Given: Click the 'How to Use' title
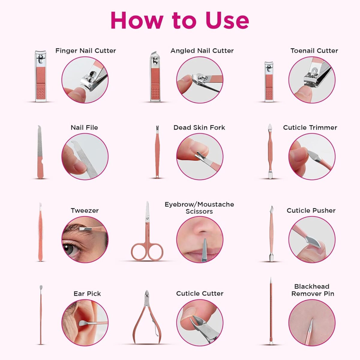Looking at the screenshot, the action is (180, 20).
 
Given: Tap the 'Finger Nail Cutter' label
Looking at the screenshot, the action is (85, 51).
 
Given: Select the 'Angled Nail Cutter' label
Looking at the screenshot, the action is (202, 51).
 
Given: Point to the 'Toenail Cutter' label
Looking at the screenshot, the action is (314, 51).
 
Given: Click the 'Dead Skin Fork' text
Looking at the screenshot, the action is (199, 127).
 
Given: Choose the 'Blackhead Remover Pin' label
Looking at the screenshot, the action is (313, 290).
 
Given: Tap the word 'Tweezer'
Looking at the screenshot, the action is (85, 211).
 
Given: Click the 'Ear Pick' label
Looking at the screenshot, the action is (87, 293).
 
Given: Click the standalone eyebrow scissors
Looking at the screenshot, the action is (147, 232).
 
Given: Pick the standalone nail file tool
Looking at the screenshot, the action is (40, 152).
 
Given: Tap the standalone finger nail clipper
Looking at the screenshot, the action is (40, 76).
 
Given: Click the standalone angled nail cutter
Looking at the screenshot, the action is (155, 76).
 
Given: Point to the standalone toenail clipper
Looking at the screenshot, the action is (269, 82).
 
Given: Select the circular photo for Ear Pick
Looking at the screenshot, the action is (85, 323).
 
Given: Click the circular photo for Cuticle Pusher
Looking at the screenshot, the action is (312, 240).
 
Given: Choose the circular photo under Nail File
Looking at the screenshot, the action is (85, 157).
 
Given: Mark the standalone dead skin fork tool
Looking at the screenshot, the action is (157, 152).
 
